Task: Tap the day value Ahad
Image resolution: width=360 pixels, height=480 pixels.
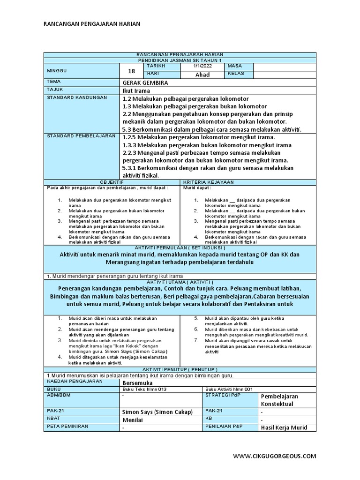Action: tap(202, 75)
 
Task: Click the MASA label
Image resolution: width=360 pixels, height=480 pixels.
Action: tap(234, 67)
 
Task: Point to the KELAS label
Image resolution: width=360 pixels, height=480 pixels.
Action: tap(236, 74)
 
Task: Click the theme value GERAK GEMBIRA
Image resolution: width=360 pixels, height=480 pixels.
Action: tap(145, 82)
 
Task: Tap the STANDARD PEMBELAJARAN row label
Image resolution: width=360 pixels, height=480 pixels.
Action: tap(81, 135)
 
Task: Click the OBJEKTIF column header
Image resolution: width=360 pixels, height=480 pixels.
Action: tap(112, 181)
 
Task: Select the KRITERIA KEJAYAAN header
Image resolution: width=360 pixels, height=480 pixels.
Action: tap(208, 181)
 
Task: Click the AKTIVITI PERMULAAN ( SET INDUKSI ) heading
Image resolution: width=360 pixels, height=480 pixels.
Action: tap(180, 247)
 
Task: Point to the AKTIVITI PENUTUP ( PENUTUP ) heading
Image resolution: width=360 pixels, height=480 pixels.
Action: tap(180, 369)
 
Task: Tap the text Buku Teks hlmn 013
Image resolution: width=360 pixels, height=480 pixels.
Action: tap(144, 389)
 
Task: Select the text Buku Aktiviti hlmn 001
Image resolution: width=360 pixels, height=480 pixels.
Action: tap(229, 389)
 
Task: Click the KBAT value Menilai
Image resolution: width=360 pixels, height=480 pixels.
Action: tap(132, 420)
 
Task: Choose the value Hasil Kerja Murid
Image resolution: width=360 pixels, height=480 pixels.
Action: tap(284, 427)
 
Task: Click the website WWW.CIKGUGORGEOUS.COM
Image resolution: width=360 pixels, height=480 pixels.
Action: tap(274, 456)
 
